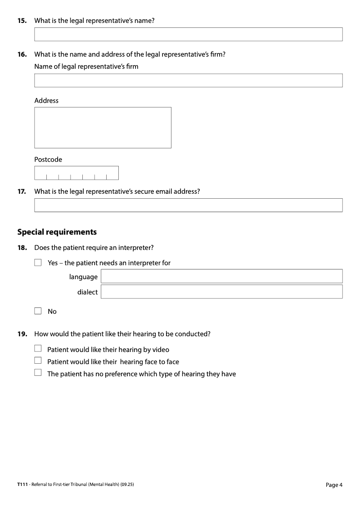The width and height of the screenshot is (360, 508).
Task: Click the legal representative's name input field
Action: click(x=188, y=34)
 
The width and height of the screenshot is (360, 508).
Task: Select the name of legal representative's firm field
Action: click(x=188, y=80)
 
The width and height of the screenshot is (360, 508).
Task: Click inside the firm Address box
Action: click(x=103, y=128)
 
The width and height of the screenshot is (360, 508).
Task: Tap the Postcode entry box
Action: click(x=76, y=173)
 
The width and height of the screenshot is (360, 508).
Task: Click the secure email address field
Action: click(x=188, y=205)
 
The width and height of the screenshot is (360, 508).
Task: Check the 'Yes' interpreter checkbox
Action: click(x=38, y=263)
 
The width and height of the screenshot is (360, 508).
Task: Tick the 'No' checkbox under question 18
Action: click(x=38, y=311)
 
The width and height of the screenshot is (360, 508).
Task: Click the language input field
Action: click(x=221, y=276)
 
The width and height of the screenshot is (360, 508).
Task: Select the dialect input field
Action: click(x=221, y=291)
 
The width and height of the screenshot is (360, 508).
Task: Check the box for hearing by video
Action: click(x=38, y=349)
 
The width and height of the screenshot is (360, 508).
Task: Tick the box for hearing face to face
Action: click(x=38, y=361)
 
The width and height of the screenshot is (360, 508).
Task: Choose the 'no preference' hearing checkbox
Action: click(x=38, y=373)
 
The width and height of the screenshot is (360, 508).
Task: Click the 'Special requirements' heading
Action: click(x=57, y=232)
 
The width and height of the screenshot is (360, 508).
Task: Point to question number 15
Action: click(x=22, y=20)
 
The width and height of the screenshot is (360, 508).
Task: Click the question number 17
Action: click(x=22, y=191)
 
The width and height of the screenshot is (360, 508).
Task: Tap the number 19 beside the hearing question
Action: click(x=22, y=334)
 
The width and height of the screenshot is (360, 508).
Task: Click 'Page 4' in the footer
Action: click(x=334, y=485)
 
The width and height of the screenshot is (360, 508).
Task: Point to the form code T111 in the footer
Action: click(x=22, y=485)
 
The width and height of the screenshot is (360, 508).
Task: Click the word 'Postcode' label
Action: click(x=48, y=160)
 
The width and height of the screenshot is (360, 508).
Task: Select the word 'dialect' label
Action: click(x=87, y=292)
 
